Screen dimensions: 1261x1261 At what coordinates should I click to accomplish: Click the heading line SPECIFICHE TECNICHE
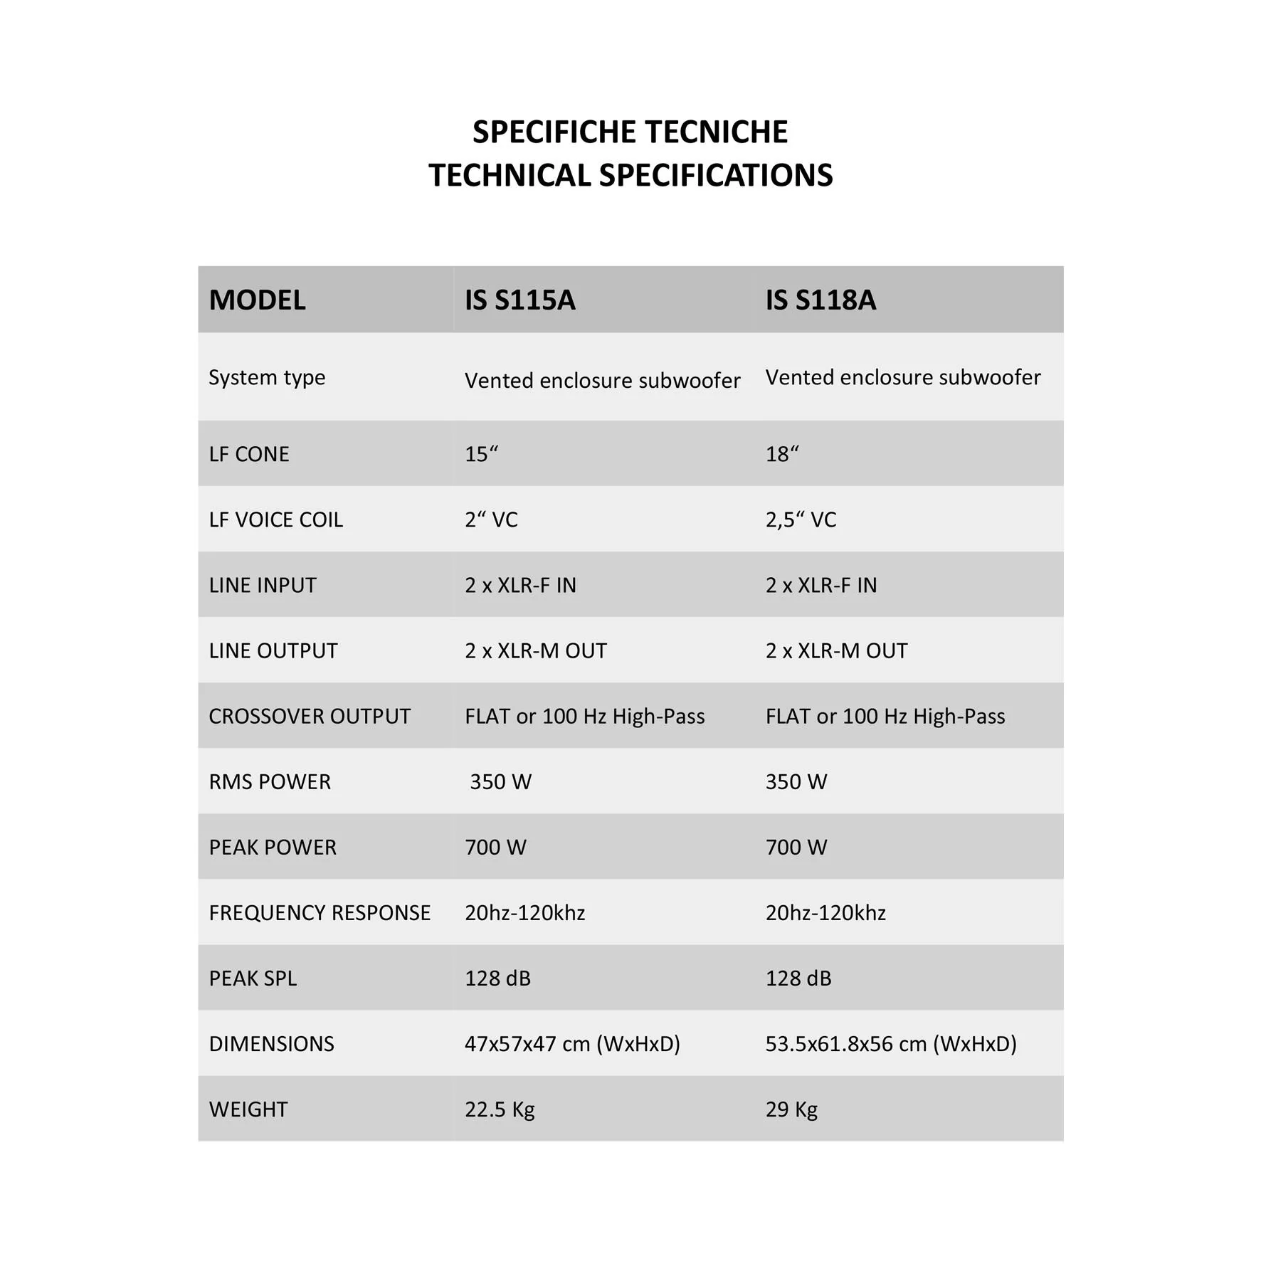[x=630, y=132]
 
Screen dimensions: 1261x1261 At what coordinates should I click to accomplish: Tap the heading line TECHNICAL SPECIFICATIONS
[x=630, y=176]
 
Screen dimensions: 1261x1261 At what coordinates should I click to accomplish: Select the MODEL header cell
[x=257, y=300]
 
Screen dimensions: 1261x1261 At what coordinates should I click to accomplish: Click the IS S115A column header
[x=519, y=300]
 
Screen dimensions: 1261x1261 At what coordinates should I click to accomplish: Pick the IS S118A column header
[x=821, y=300]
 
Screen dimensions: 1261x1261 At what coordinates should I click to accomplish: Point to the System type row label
[x=267, y=377]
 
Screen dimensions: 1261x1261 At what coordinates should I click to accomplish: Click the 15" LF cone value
[x=481, y=454]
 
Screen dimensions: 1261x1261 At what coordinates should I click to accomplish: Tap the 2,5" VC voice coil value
[x=801, y=519]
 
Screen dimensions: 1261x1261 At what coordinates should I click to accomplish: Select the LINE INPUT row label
[x=263, y=585]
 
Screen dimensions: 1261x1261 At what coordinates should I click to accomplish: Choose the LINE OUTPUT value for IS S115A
[x=535, y=650]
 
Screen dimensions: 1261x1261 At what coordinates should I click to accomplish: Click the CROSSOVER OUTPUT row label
[x=310, y=716]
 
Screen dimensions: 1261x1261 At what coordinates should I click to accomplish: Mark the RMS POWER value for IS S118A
[x=796, y=781]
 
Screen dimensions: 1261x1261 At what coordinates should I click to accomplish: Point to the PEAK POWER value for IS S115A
[x=495, y=847]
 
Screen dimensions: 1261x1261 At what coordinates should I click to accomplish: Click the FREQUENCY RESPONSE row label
[x=320, y=912]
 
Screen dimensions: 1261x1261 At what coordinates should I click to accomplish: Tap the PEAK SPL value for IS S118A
[x=798, y=978]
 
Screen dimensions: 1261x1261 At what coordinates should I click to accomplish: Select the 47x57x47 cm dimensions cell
[x=572, y=1043]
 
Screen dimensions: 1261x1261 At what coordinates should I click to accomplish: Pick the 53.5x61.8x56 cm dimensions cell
[x=890, y=1043]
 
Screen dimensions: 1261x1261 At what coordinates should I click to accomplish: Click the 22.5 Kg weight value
[x=500, y=1109]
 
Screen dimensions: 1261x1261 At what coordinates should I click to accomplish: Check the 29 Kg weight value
[x=791, y=1109]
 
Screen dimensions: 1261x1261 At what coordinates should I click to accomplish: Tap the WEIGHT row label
[x=248, y=1109]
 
